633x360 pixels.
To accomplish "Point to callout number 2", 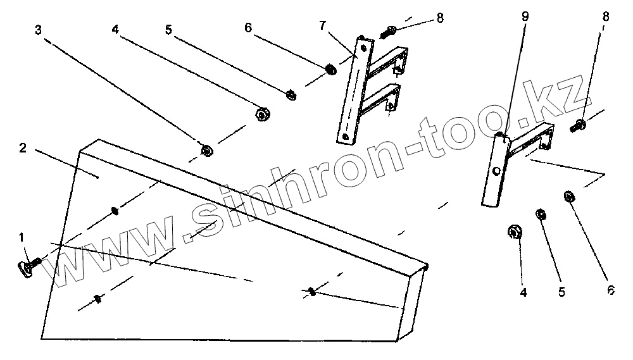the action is click(x=22, y=148).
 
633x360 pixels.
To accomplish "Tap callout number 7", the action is click(x=323, y=25).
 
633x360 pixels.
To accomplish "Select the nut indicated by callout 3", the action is click(x=206, y=150).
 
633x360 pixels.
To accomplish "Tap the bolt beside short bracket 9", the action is click(x=579, y=125).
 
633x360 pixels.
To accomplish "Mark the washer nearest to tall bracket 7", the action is click(x=330, y=68).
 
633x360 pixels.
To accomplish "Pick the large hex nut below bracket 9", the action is click(x=514, y=232).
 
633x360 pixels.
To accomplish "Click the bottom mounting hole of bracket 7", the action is click(x=344, y=134).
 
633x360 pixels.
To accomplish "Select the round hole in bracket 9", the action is click(x=497, y=171).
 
